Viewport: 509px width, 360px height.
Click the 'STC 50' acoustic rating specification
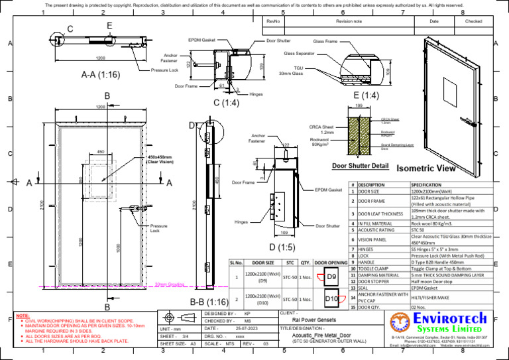pos(418,230)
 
